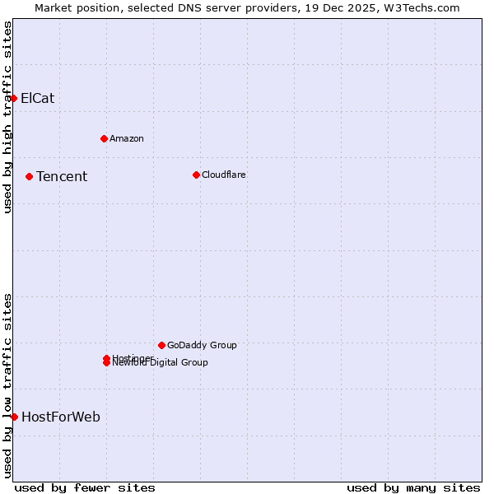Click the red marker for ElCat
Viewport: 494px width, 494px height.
click(14, 98)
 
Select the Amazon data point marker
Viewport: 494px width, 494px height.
click(104, 138)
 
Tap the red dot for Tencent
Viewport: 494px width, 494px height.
click(29, 176)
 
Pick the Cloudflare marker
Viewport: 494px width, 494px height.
click(196, 175)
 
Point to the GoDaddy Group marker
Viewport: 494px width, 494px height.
click(161, 345)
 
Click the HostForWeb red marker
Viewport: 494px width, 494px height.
click(14, 417)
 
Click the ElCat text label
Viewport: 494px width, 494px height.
click(37, 98)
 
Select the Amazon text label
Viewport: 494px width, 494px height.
click(126, 138)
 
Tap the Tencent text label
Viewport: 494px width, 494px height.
click(61, 176)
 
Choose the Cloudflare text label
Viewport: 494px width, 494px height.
click(223, 175)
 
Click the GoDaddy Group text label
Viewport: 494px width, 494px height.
click(201, 345)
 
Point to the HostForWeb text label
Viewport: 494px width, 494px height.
click(60, 417)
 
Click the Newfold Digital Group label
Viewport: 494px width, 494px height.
click(160, 363)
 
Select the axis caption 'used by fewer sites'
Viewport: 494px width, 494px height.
click(85, 487)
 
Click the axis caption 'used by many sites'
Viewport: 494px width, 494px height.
click(413, 487)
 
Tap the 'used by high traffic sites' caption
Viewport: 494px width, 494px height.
click(7, 117)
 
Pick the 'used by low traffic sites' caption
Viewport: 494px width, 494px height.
click(7, 385)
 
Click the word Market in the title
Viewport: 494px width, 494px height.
click(54, 7)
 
